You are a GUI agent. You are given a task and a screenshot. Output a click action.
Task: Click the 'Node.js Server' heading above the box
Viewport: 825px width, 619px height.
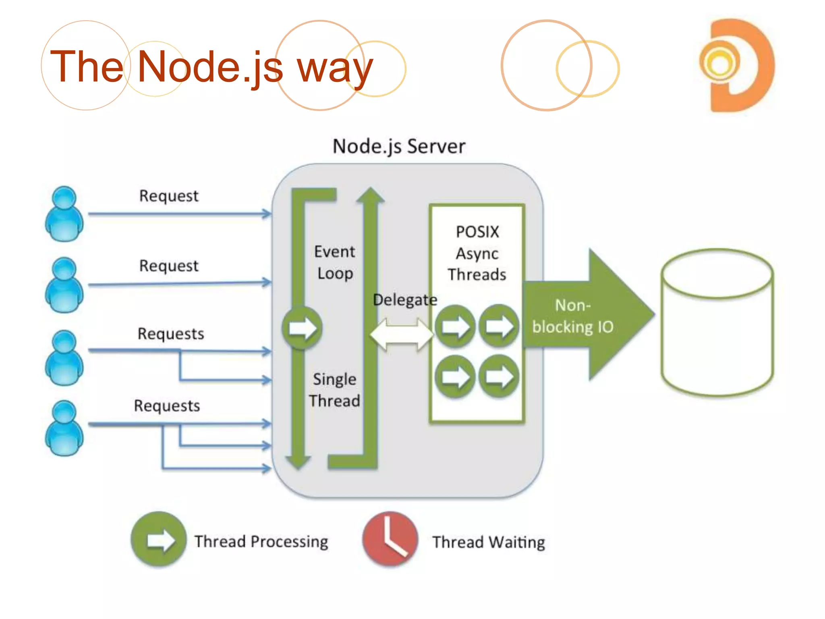click(x=399, y=146)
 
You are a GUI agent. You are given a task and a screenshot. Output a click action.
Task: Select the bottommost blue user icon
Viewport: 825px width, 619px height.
click(x=64, y=428)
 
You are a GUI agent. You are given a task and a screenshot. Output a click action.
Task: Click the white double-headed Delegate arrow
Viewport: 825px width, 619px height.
click(x=402, y=334)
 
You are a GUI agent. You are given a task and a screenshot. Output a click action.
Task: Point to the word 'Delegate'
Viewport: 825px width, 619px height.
click(x=404, y=300)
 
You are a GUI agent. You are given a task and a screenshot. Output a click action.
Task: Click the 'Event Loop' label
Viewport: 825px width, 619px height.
click(x=334, y=262)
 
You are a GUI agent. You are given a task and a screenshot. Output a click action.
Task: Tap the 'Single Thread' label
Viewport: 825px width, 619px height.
click(x=334, y=390)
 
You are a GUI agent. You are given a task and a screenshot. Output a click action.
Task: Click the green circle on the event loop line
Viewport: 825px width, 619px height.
click(x=302, y=328)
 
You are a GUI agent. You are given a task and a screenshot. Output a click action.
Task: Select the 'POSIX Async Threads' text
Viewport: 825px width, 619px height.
click(x=477, y=253)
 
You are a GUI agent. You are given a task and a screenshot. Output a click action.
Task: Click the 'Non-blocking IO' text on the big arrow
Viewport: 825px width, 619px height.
click(x=572, y=316)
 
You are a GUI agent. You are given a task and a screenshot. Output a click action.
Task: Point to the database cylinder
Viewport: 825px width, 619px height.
click(x=717, y=322)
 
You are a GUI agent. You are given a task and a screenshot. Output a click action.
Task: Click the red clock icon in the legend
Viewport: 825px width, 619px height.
click(x=390, y=539)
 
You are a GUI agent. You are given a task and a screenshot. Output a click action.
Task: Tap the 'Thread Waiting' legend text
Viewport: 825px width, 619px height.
click(x=489, y=542)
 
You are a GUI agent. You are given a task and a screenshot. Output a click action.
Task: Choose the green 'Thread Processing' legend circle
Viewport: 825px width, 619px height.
click(x=159, y=539)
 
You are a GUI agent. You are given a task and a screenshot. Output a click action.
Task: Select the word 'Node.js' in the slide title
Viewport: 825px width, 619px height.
click(x=210, y=66)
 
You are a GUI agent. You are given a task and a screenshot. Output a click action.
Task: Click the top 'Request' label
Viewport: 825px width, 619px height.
click(x=169, y=196)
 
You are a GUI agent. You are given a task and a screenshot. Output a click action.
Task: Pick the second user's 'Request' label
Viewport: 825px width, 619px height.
click(x=169, y=266)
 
